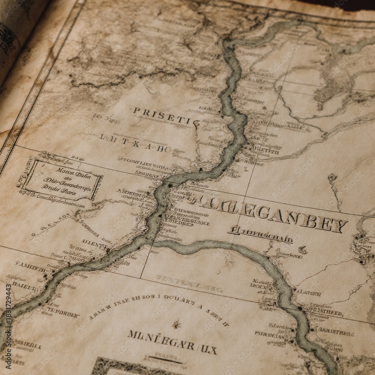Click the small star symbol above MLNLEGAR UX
(176, 324)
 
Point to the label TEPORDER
(62, 312)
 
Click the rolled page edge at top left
(17, 37)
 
